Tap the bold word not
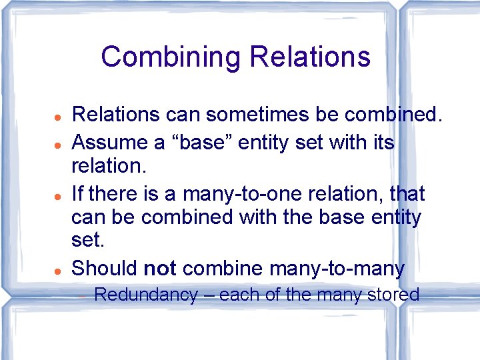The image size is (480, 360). click(x=159, y=268)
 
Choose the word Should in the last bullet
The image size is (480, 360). click(x=105, y=268)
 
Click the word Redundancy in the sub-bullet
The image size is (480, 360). click(x=146, y=295)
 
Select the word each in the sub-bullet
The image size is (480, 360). click(x=236, y=295)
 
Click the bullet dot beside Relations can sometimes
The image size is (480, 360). click(x=59, y=116)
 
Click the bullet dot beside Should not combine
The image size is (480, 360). click(x=59, y=269)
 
